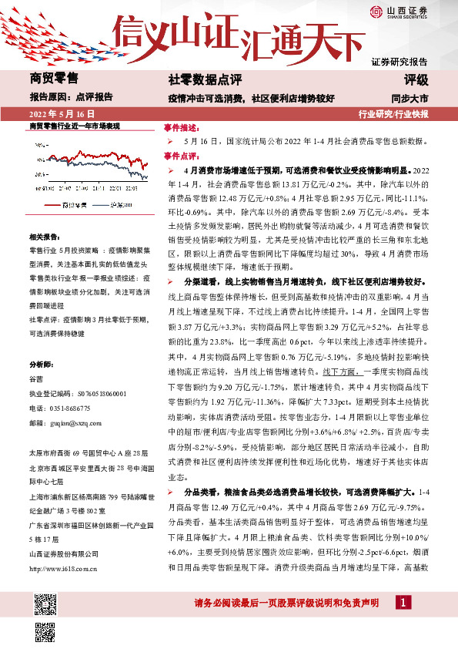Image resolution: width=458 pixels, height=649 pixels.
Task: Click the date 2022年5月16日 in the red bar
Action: (59, 114)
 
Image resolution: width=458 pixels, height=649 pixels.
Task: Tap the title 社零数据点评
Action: (205, 79)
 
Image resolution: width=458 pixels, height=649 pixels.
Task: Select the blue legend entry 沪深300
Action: (122, 206)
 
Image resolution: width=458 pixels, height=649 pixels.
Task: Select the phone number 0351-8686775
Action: (67, 408)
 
